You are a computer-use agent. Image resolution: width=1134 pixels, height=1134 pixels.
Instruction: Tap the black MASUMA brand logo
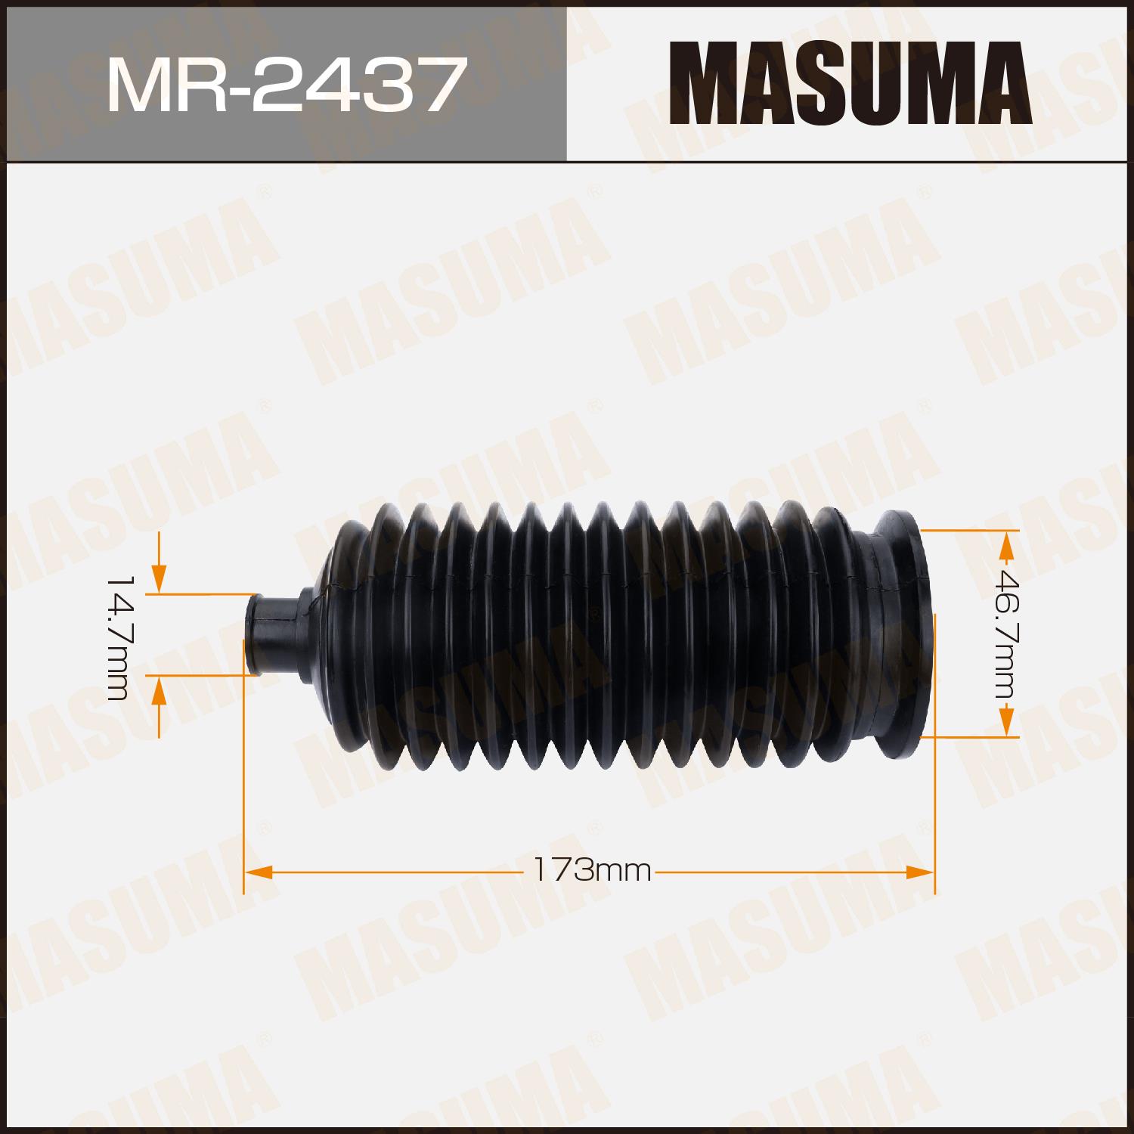tap(850, 83)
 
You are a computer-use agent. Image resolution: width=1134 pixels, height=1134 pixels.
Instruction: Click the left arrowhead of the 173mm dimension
tap(258, 872)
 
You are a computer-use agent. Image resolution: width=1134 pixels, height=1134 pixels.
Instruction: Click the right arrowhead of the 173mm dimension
tap(921, 872)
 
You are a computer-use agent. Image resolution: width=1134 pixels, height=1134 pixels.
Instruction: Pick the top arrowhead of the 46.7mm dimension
tap(1006, 544)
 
